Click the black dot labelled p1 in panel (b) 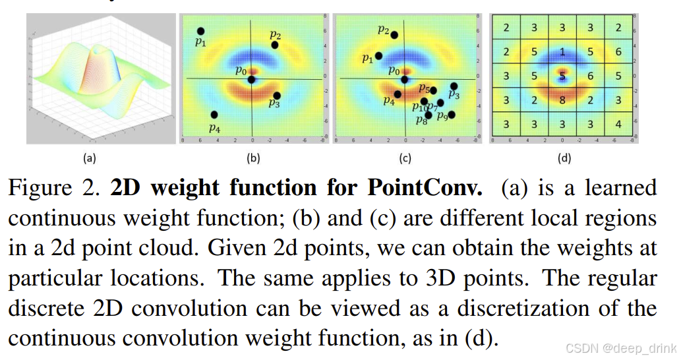point(200,31)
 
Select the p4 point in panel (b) point(214,115)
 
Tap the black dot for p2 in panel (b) point(274,45)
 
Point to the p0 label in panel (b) point(241,70)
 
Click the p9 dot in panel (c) point(452,114)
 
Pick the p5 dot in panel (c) point(433,90)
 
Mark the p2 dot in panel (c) point(394,34)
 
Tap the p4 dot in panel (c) point(398,94)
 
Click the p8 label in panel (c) point(421,120)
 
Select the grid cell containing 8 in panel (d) point(562,100)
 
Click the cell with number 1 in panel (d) point(562,51)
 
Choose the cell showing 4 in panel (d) point(618,125)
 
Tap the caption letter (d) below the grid point(562,158)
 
